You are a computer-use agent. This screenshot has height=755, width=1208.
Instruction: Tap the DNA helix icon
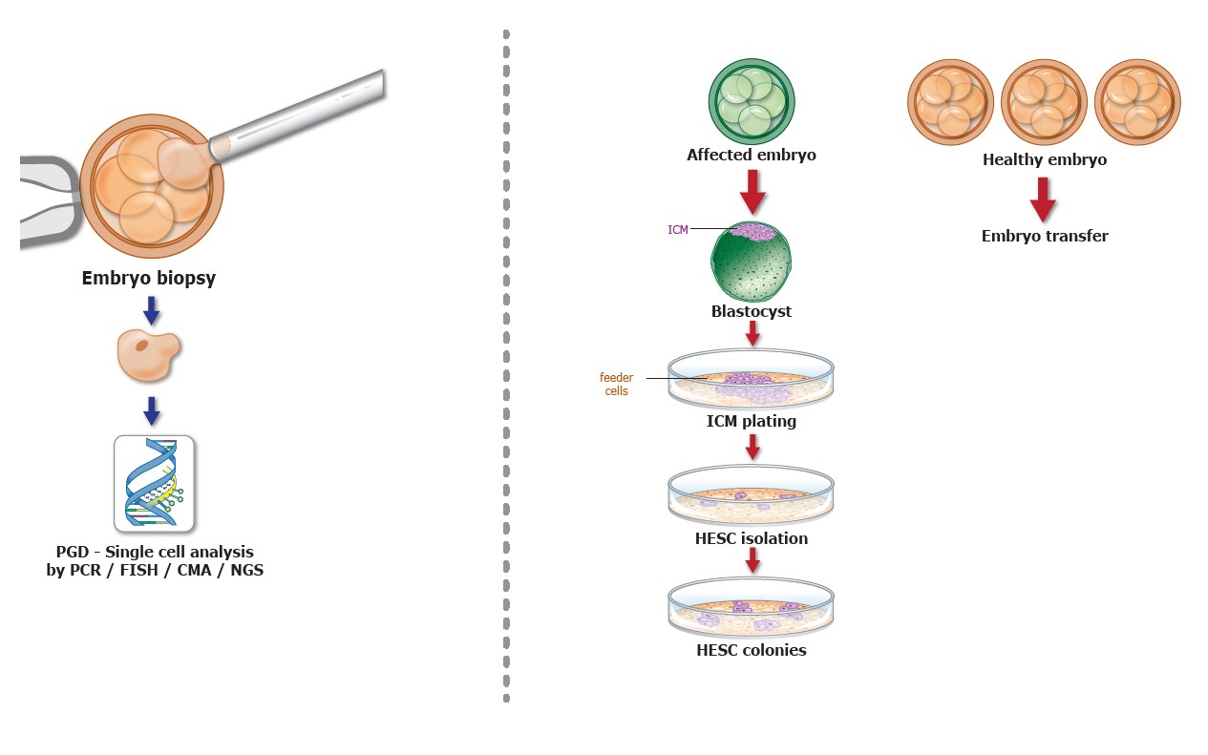(x=154, y=483)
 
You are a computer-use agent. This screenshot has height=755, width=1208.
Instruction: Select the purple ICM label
(x=677, y=229)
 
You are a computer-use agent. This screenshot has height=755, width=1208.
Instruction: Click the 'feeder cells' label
(x=616, y=384)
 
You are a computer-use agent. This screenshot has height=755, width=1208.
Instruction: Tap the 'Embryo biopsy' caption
(x=150, y=280)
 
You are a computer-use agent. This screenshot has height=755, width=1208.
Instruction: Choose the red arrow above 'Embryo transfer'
(x=1043, y=198)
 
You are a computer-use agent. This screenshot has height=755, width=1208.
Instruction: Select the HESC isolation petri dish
(x=751, y=493)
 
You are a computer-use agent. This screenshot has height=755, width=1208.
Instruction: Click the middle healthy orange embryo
(x=1044, y=102)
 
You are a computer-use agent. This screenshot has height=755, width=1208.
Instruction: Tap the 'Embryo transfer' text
(x=1045, y=236)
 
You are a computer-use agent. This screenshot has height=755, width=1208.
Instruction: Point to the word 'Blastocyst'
(x=752, y=311)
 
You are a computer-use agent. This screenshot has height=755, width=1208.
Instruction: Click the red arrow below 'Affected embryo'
(x=752, y=191)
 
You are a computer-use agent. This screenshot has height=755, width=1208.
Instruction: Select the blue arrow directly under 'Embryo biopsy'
(x=151, y=309)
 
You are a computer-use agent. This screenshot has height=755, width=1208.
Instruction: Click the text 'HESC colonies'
(x=752, y=650)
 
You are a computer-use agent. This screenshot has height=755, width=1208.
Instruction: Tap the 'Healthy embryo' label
(x=1045, y=159)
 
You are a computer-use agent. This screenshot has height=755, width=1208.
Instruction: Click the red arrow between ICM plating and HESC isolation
(x=752, y=446)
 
